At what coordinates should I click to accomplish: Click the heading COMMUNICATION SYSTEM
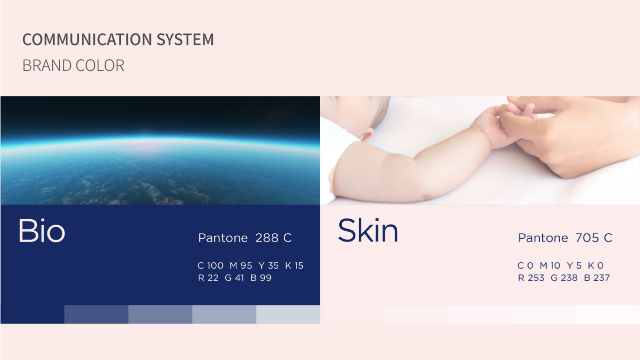point(118,39)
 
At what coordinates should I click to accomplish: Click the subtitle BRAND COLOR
point(73,65)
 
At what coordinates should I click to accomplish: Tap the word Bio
point(42,231)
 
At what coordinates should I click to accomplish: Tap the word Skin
point(368,230)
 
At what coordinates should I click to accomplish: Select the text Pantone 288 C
point(245,238)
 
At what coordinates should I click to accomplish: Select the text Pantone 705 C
point(565,238)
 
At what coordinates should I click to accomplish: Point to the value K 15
point(294,266)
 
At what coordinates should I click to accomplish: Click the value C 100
point(210,266)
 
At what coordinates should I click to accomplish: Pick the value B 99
point(261,278)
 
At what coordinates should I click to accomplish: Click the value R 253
point(531,278)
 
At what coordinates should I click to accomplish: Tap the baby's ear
point(367,134)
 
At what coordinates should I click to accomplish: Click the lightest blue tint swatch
point(288,315)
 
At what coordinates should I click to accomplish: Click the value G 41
point(234,278)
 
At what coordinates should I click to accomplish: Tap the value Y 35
point(269,266)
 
